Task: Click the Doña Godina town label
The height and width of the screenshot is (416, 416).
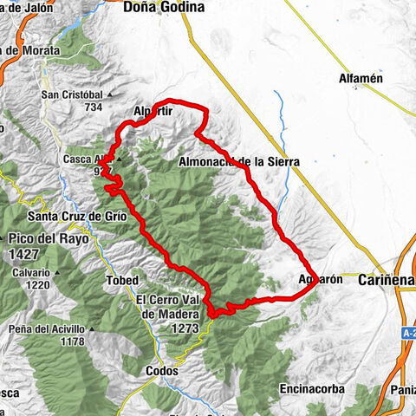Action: click(x=165, y=8)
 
